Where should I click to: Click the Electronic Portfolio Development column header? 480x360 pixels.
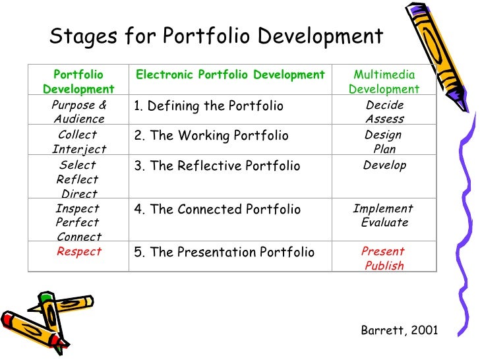coord(230,75)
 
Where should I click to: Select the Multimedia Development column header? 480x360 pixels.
coord(384,82)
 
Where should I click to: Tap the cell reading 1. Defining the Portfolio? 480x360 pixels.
coord(208,106)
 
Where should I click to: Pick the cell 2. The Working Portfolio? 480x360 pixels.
coord(211,136)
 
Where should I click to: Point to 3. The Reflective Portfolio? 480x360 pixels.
coord(217,166)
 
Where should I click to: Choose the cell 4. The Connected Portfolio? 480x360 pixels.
coord(217,210)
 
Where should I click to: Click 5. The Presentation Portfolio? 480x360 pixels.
coord(224,253)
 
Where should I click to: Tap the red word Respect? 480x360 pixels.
coord(79,252)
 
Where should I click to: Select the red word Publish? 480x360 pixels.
coord(384,266)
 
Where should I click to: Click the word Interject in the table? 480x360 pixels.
coord(79,149)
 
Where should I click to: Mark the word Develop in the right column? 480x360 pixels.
coord(384,165)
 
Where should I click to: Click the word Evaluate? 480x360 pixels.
coord(384,223)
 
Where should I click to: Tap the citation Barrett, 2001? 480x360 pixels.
coord(400,330)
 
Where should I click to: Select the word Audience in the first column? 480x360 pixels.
coord(79,119)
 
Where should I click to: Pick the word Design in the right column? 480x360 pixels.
coord(383,135)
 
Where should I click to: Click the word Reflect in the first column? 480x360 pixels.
coord(78,179)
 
